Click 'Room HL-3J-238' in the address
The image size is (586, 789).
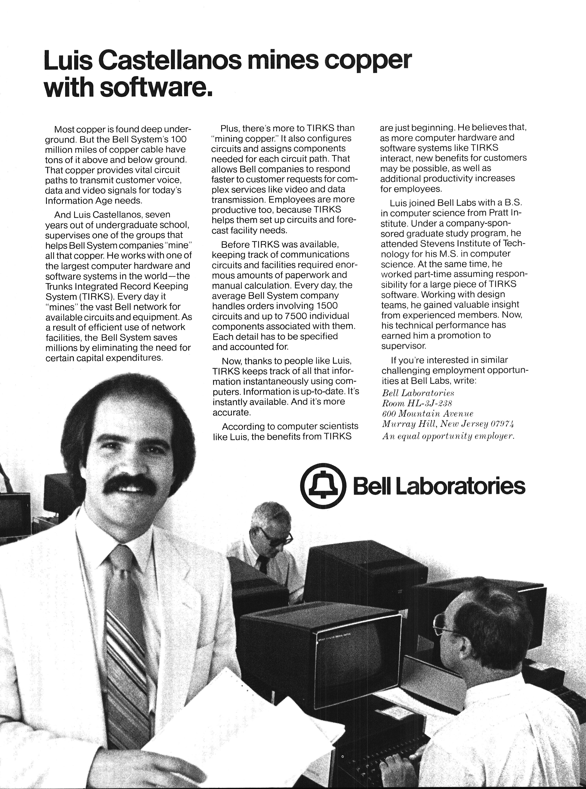point(417,404)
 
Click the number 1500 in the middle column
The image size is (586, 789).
point(326,306)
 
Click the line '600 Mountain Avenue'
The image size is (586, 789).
point(427,414)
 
